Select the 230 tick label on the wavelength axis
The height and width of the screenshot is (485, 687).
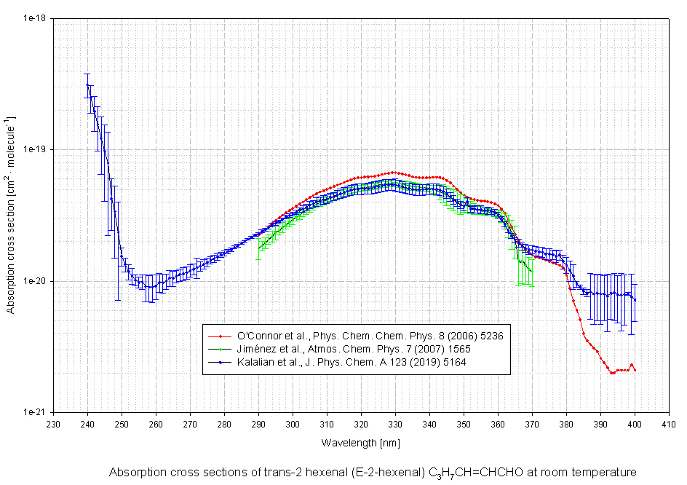point(53,424)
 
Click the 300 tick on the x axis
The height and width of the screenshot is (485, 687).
point(293,424)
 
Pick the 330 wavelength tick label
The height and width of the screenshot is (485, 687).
point(395,424)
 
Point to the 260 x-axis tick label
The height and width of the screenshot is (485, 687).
point(156,424)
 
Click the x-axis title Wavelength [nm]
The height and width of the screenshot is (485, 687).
point(360,442)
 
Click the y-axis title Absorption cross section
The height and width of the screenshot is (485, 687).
point(12,214)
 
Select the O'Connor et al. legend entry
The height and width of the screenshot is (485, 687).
point(370,336)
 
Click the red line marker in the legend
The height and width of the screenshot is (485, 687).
point(220,336)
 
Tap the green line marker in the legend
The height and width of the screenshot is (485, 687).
point(220,348)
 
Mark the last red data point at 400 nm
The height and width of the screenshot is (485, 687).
point(635,371)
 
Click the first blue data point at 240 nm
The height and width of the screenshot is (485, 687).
point(87,84)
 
